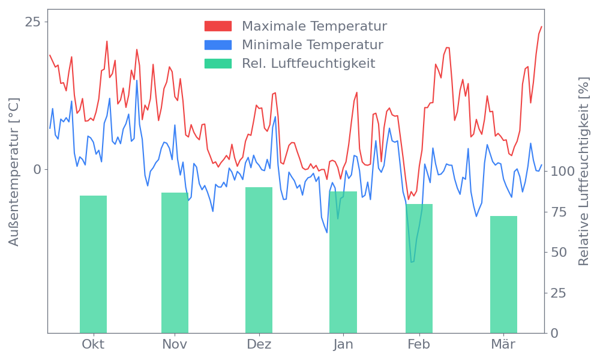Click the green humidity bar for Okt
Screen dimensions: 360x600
[93, 264]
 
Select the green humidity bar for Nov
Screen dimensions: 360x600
[175, 263]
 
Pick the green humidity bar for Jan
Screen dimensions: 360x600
[343, 262]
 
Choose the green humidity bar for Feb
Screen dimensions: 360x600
[419, 268]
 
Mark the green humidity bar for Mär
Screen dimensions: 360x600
[503, 274]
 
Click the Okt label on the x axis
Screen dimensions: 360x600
[93, 344]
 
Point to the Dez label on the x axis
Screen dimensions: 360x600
[259, 344]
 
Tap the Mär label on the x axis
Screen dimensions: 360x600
[503, 344]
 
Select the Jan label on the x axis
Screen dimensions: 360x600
[343, 344]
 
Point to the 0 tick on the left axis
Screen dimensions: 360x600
[37, 169]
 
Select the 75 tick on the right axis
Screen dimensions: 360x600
[560, 212]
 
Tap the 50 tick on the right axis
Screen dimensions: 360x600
[560, 252]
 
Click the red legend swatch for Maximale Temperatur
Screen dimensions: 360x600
[218, 26]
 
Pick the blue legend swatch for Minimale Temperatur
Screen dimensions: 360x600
[218, 45]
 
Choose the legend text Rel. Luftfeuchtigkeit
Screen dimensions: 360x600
[308, 64]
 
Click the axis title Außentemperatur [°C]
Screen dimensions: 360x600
[14, 172]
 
